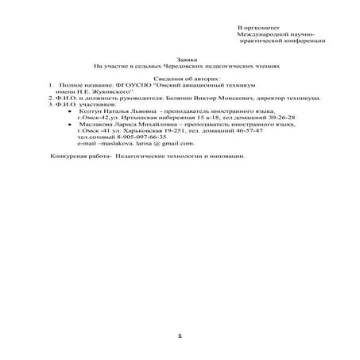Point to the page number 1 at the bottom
pyautogui.click(x=180, y=337)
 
